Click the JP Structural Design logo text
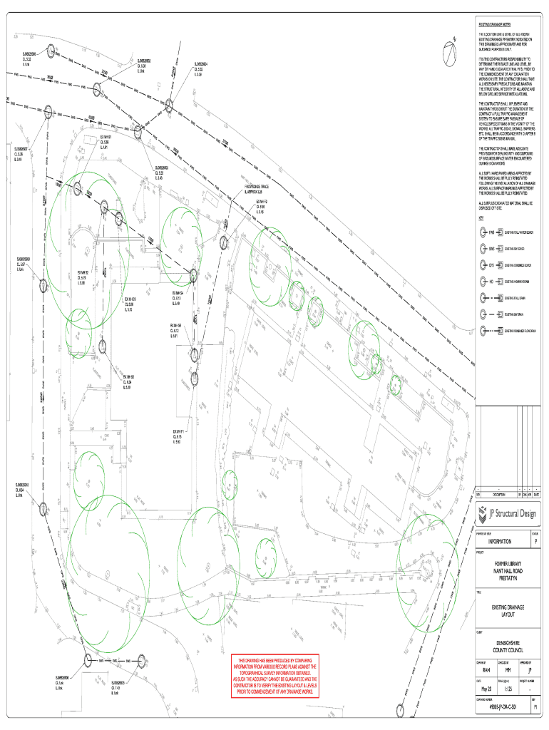512,512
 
